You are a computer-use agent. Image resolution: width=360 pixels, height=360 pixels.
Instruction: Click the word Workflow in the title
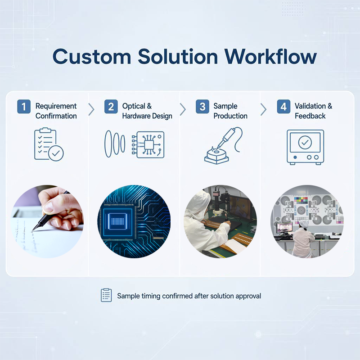(270, 57)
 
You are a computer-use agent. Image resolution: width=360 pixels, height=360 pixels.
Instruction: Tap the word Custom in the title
(92, 57)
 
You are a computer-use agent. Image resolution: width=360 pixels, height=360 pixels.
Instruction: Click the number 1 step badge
(24, 107)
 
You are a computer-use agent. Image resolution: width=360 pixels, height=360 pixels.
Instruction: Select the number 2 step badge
(111, 107)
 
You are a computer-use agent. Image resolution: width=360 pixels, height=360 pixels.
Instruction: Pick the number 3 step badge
(202, 107)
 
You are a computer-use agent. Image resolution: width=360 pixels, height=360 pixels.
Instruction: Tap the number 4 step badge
(283, 107)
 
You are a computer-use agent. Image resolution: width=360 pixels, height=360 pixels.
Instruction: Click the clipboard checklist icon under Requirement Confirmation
(49, 144)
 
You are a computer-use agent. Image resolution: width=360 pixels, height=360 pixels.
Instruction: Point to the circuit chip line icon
(148, 144)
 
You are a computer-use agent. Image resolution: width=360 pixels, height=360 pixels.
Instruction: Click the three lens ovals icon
(115, 144)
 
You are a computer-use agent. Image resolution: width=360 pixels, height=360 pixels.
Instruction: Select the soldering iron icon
(223, 145)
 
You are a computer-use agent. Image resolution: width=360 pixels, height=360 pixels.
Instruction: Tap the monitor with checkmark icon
(305, 147)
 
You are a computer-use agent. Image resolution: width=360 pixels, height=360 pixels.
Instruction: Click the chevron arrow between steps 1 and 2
(91, 109)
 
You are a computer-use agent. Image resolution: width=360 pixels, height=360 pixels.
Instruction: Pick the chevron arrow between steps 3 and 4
(264, 109)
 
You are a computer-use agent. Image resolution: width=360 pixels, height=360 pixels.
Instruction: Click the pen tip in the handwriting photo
(32, 230)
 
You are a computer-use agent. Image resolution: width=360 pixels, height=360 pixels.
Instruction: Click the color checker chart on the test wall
(301, 200)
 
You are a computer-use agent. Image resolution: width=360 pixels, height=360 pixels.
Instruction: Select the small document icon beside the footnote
(106, 295)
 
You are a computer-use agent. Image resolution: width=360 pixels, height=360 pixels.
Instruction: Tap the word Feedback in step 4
(310, 116)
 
